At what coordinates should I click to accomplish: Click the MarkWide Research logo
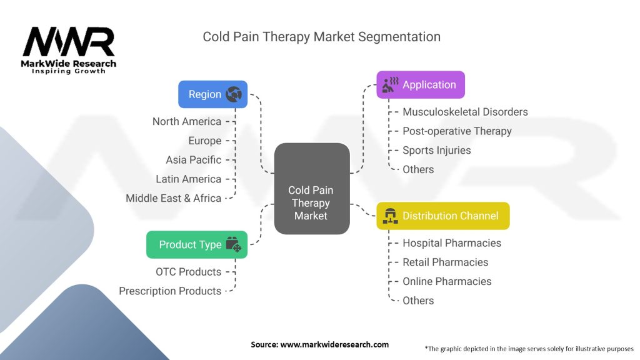pos(69,49)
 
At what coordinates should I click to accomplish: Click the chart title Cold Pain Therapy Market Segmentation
pos(321,36)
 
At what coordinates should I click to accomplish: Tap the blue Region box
pos(212,94)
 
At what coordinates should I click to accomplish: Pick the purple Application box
pos(421,85)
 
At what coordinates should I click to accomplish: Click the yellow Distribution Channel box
pos(442,216)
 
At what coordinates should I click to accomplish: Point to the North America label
pos(187,121)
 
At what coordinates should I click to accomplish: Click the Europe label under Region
pos(205,141)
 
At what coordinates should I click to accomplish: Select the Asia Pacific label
pos(194,160)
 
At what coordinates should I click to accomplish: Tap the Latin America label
pos(189,179)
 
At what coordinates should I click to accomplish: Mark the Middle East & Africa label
pos(174,198)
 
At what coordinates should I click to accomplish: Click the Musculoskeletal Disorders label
pos(465,112)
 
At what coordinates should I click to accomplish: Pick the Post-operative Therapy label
pos(457,131)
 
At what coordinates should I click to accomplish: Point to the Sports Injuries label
pos(437,150)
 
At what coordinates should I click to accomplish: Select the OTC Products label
pos(189,272)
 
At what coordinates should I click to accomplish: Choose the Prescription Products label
pos(170,291)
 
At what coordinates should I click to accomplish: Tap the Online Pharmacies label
pos(447,281)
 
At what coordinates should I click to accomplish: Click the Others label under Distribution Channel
pos(418,301)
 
